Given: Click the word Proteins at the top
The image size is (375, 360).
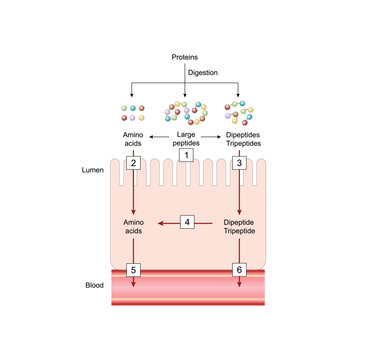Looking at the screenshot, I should pyautogui.click(x=186, y=58).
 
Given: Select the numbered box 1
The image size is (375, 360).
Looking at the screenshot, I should pyautogui.click(x=187, y=155).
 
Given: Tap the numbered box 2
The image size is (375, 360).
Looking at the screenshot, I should pyautogui.click(x=133, y=162).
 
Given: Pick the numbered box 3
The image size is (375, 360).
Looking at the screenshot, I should pyautogui.click(x=240, y=162).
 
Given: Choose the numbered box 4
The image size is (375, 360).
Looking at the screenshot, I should pyautogui.click(x=187, y=221).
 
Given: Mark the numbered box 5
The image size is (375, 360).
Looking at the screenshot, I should pyautogui.click(x=133, y=269).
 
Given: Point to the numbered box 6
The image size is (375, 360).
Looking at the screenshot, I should pyautogui.click(x=240, y=269).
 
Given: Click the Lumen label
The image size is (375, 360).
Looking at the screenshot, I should pyautogui.click(x=92, y=171).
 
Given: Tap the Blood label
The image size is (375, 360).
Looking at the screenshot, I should pyautogui.click(x=92, y=285).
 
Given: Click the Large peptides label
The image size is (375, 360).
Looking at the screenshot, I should pyautogui.click(x=187, y=138).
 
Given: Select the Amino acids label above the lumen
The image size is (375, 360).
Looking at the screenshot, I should pyautogui.click(x=134, y=138).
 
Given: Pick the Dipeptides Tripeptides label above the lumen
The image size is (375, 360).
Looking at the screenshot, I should pyautogui.click(x=240, y=138).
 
